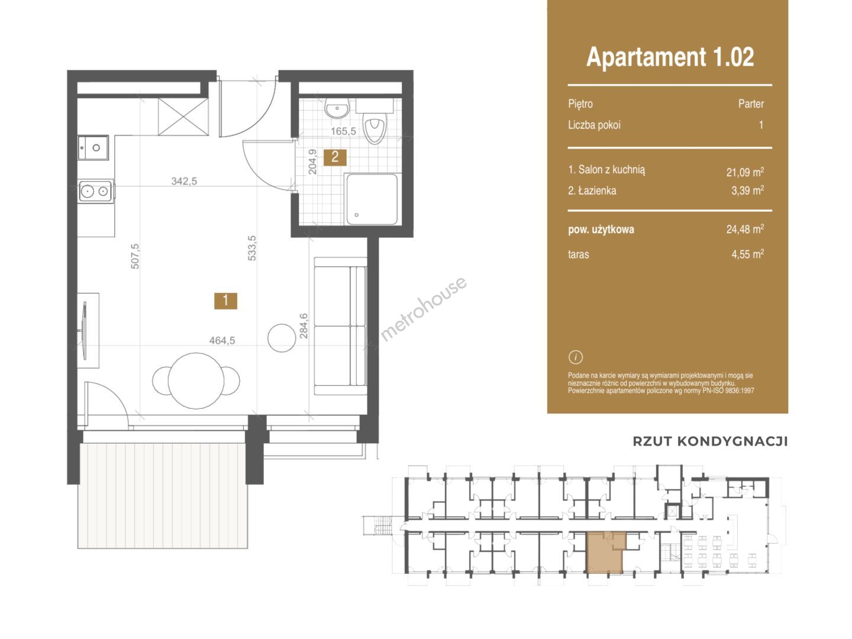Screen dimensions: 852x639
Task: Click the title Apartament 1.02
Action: pos(670,57)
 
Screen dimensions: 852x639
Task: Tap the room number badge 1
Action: pos(225,301)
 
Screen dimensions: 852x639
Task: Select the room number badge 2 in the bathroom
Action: pos(335,157)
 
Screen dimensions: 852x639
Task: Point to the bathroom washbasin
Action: pos(337,108)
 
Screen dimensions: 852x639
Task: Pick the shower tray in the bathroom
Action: pos(372,199)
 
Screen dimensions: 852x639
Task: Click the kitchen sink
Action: pos(93,147)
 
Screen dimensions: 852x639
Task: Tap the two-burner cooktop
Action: pos(96,191)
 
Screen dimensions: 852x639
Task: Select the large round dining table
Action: pos(196,380)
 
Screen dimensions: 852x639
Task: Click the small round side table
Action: pos(282,337)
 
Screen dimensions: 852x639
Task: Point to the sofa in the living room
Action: pos(340,326)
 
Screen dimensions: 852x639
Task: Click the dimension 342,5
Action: pos(185,181)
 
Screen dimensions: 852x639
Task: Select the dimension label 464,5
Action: pos(222,341)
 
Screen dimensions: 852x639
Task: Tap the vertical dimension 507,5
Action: pos(135,256)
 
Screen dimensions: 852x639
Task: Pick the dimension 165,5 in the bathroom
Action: pos(343,131)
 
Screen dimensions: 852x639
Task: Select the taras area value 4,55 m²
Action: pos(748,254)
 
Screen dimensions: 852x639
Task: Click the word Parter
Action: pos(751,104)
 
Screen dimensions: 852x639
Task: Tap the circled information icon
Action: pos(576,357)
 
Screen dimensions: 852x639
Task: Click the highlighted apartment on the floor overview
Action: pos(604,553)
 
